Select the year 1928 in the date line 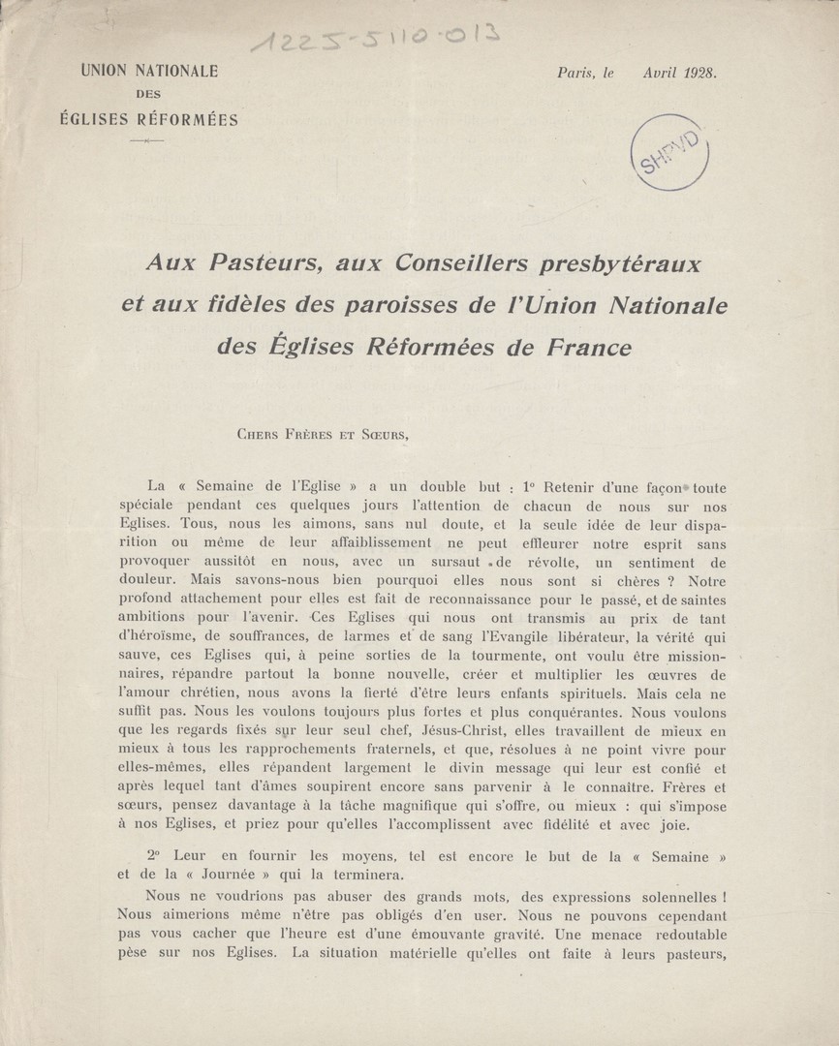[x=695, y=73]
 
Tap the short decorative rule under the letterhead [x=147, y=141]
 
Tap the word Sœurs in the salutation [x=384, y=435]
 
